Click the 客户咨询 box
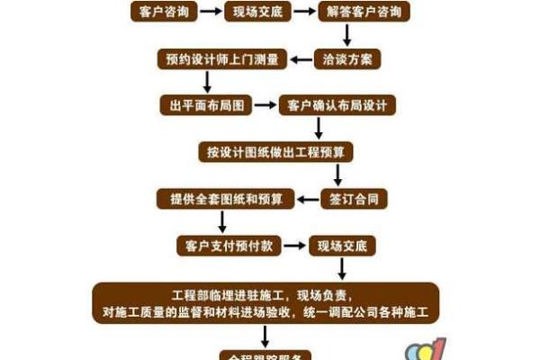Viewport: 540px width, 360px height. click(158, 12)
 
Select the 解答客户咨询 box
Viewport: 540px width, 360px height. click(364, 12)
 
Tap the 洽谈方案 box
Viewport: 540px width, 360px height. click(347, 59)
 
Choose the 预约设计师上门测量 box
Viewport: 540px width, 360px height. click(221, 59)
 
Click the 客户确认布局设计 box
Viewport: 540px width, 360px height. click(337, 106)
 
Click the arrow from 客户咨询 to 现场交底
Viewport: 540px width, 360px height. click(210, 12)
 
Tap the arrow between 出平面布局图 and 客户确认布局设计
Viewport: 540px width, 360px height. click(264, 106)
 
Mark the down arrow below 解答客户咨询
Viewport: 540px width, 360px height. click(347, 35)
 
